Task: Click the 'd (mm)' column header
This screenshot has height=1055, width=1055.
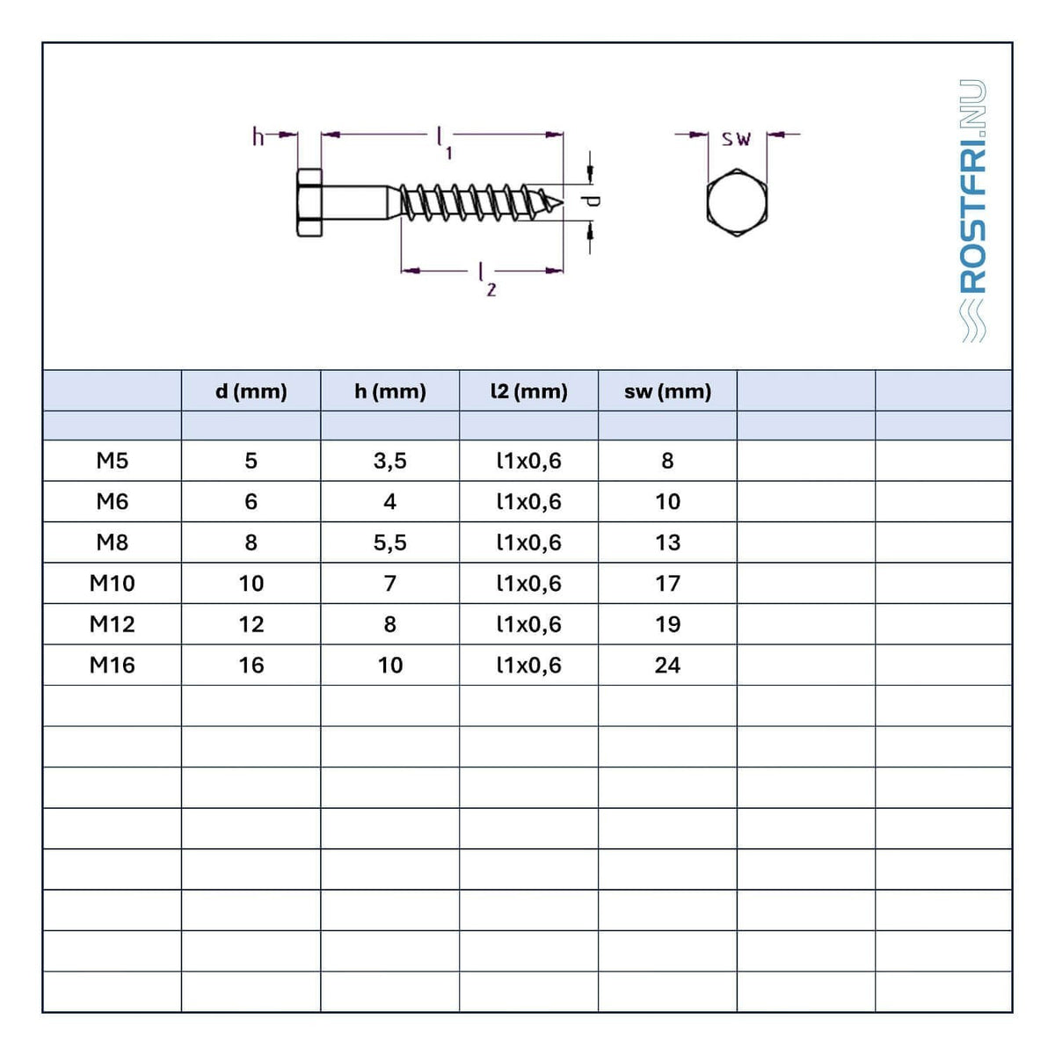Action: [251, 391]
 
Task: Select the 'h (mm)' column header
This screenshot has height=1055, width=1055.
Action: [389, 391]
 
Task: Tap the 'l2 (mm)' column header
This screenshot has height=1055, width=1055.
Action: [529, 391]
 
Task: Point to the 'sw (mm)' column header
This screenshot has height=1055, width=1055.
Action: [667, 391]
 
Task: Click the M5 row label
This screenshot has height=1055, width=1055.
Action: [113, 461]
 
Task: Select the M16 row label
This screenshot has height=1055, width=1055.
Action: [113, 666]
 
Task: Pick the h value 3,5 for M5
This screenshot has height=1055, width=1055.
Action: [389, 461]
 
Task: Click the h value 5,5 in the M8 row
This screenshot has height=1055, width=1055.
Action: [389, 542]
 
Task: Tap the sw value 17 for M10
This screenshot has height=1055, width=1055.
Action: [667, 584]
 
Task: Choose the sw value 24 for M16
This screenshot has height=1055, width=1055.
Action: [667, 666]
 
